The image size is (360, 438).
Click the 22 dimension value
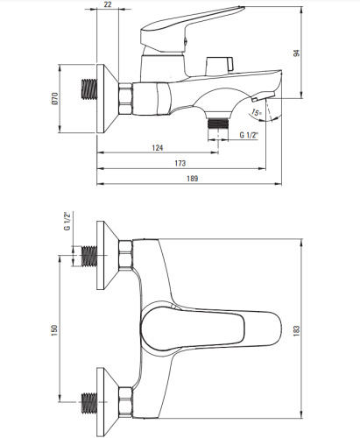[108, 4]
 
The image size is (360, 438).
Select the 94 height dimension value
[296, 53]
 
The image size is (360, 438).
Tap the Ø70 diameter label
[55, 98]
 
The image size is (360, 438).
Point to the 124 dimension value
[158, 148]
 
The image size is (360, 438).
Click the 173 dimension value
[180, 163]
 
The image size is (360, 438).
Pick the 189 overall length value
[192, 179]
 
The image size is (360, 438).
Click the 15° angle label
[257, 112]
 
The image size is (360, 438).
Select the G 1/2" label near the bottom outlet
[249, 135]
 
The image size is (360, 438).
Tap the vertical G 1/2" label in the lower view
[67, 222]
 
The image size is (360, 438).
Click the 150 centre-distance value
[54, 330]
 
